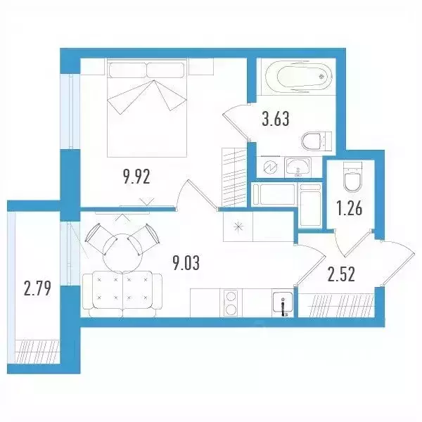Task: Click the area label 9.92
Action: tap(136, 177)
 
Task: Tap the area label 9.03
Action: tap(186, 263)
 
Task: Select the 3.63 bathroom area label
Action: tap(276, 119)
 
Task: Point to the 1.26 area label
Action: tap(350, 209)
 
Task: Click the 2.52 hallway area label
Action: tap(341, 274)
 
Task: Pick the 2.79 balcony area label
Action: tap(37, 288)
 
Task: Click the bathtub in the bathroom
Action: tap(299, 77)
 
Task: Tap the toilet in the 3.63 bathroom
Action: tap(316, 141)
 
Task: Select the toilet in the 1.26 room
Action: tap(352, 177)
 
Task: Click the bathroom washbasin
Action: tap(298, 167)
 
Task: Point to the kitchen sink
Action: tap(283, 304)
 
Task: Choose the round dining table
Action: tap(122, 253)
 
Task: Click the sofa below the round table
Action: tap(122, 294)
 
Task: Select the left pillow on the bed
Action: tap(127, 70)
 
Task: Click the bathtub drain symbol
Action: tap(321, 77)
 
